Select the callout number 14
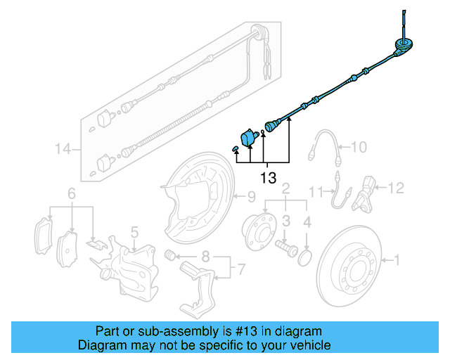[64, 148]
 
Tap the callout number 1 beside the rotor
[397, 261]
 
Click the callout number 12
[397, 187]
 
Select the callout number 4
[307, 223]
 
